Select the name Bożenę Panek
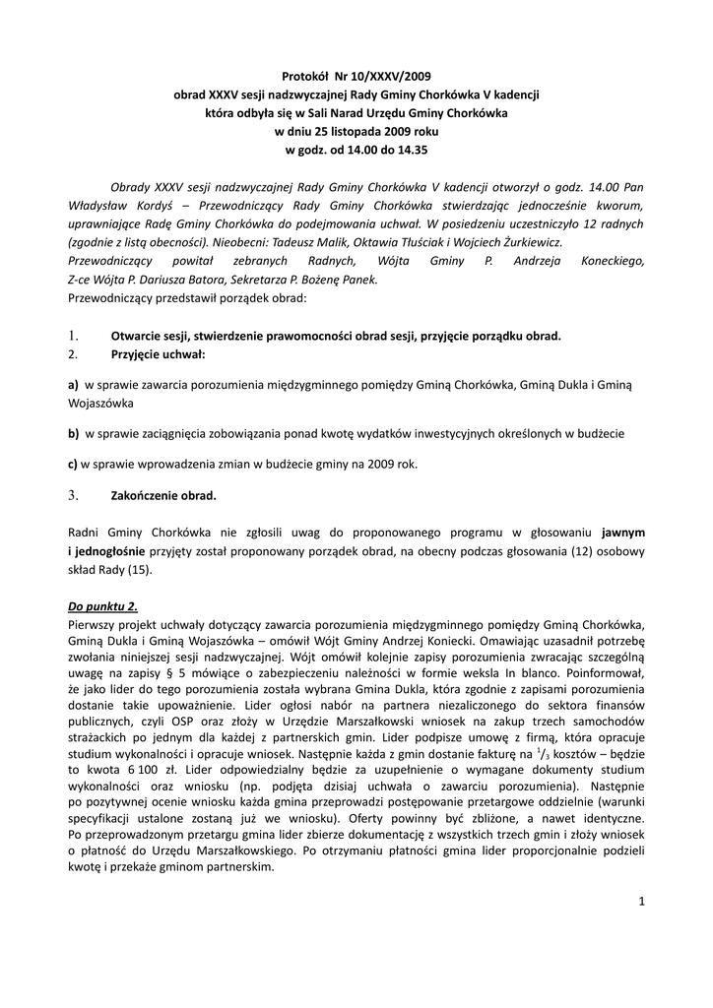click(345, 279)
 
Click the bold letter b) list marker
click(73, 433)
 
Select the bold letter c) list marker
click(72, 464)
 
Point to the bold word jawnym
click(623, 532)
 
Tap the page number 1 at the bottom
click(641, 901)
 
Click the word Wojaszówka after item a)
click(101, 403)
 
